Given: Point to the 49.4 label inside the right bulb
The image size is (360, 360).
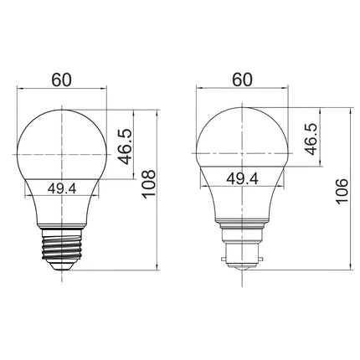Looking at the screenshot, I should tap(241, 178).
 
